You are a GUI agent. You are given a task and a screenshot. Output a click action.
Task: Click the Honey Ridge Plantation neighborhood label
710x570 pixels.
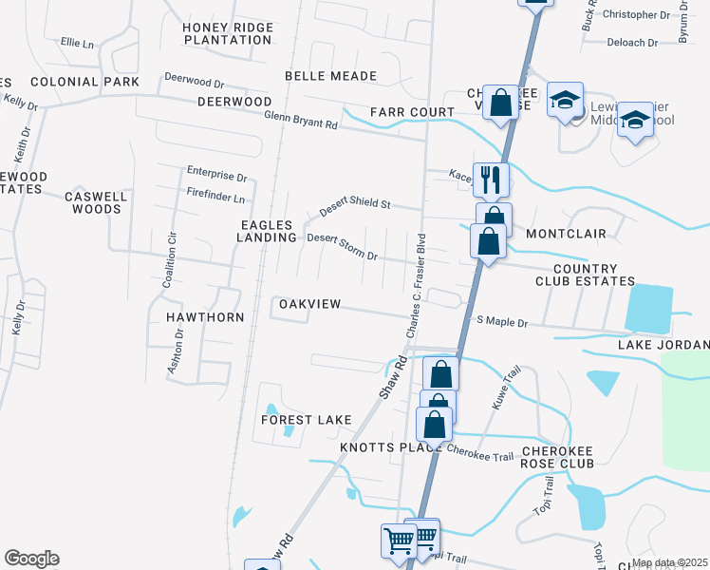point(228,33)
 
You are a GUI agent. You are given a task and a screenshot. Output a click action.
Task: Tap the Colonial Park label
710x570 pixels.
point(78,82)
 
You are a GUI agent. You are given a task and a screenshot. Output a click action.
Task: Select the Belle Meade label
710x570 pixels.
point(330,76)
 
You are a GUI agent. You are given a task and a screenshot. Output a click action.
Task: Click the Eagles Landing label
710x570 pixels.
point(267,231)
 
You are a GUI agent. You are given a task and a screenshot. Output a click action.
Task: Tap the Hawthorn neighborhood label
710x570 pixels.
point(205,317)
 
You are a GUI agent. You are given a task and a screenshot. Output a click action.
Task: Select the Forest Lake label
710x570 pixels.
point(308,420)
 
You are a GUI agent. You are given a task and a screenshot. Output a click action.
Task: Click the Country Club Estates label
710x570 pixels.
point(584,275)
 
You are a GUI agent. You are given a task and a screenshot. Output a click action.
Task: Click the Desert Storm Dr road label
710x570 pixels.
point(343,248)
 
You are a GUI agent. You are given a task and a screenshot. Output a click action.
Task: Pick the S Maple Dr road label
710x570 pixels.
point(502,323)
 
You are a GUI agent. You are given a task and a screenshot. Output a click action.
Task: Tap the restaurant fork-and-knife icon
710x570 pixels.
point(491,179)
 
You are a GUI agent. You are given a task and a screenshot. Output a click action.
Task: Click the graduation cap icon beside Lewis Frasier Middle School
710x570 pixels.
point(565,99)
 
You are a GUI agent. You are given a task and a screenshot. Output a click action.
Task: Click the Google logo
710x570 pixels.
point(31,559)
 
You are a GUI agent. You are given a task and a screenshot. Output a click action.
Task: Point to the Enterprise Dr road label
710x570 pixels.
point(216,177)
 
